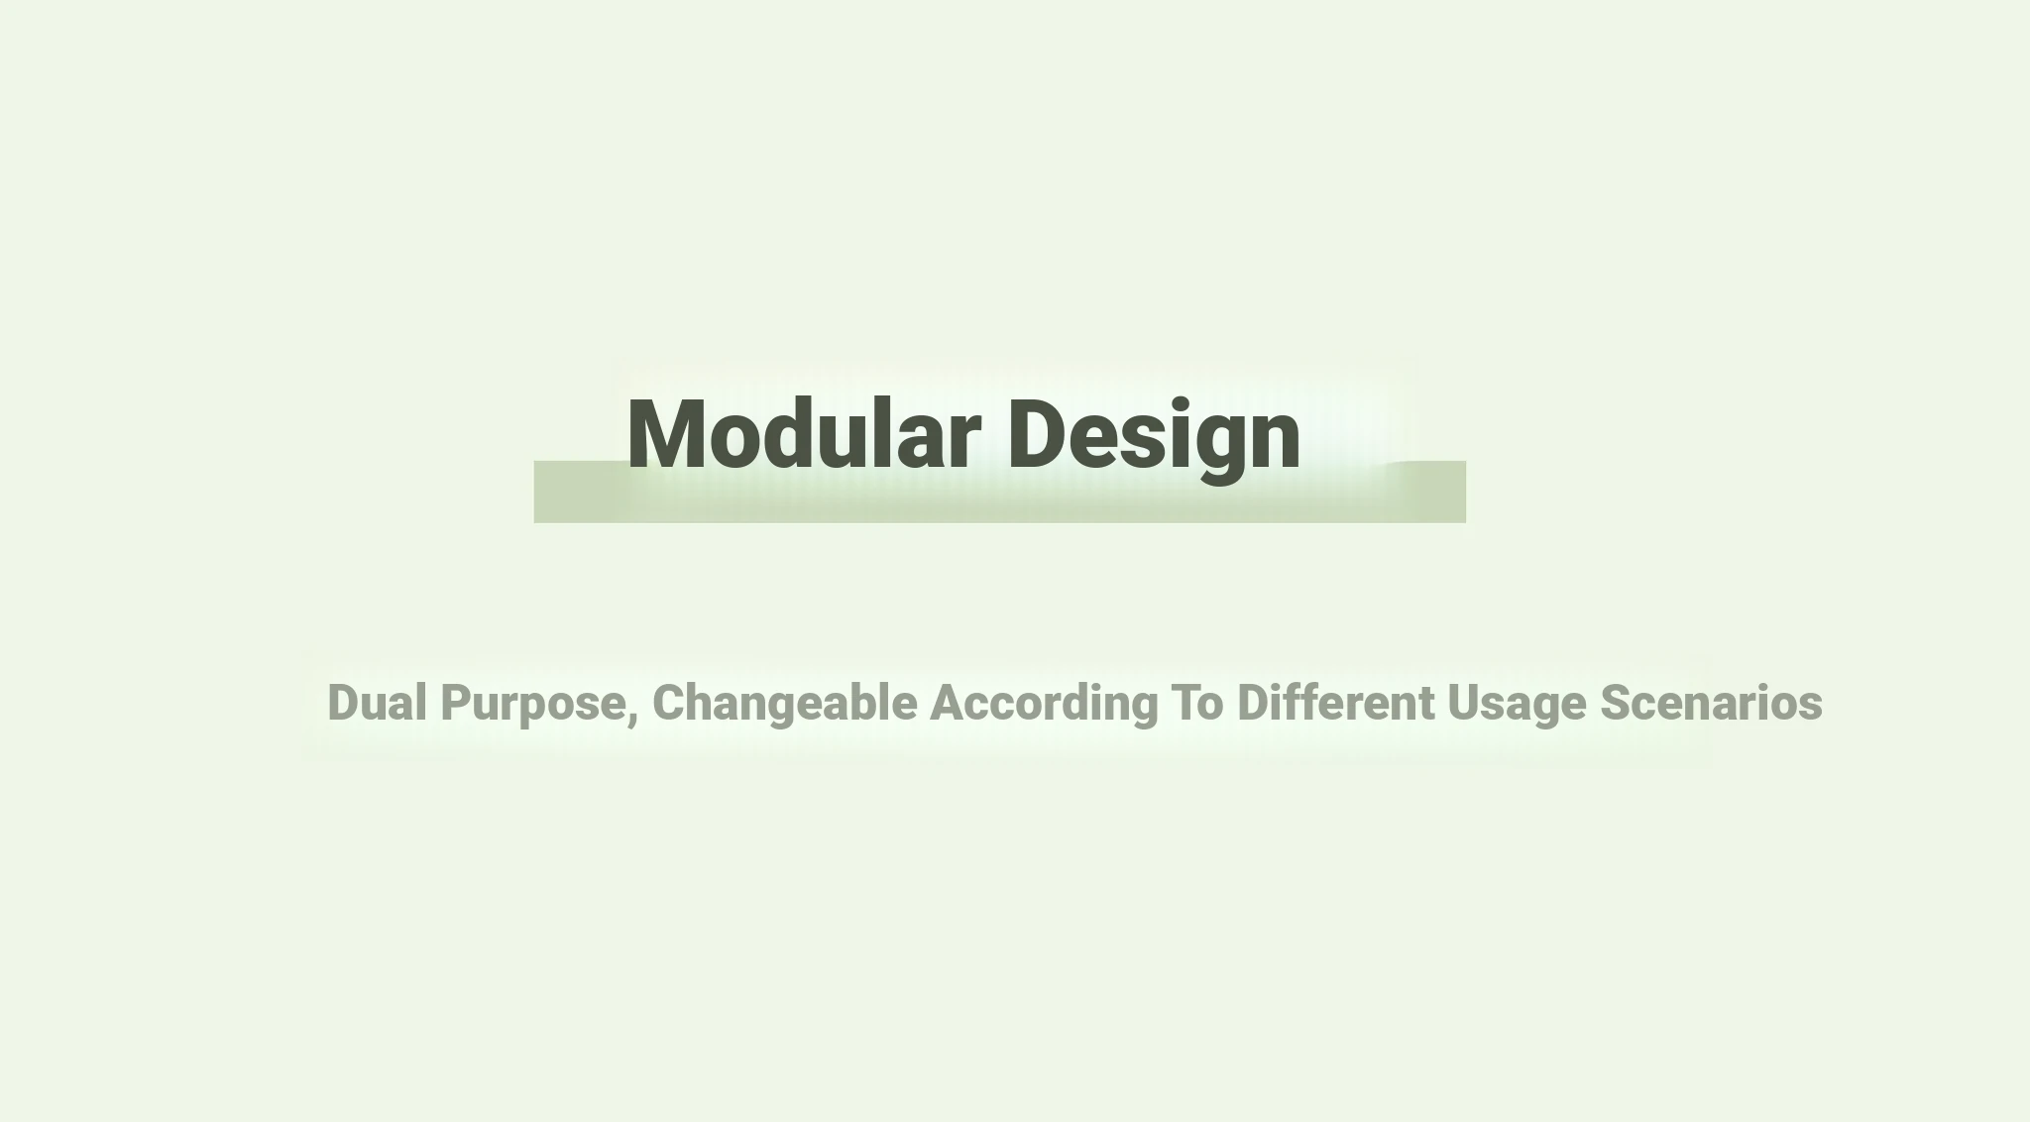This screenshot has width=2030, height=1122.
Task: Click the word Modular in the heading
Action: (x=804, y=433)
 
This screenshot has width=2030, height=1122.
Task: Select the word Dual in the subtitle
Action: (x=378, y=702)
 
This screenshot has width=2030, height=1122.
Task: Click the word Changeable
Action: (x=785, y=705)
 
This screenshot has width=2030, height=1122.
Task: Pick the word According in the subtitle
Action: (x=1044, y=705)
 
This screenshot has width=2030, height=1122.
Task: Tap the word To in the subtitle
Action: (x=1197, y=703)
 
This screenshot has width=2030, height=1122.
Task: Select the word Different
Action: (x=1336, y=702)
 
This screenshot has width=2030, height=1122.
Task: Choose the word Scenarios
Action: (x=1712, y=703)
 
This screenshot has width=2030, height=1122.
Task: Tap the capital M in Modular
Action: (x=666, y=433)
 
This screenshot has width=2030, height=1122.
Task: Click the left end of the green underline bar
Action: (x=535, y=492)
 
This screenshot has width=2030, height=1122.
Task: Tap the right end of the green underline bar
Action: (x=1465, y=492)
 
